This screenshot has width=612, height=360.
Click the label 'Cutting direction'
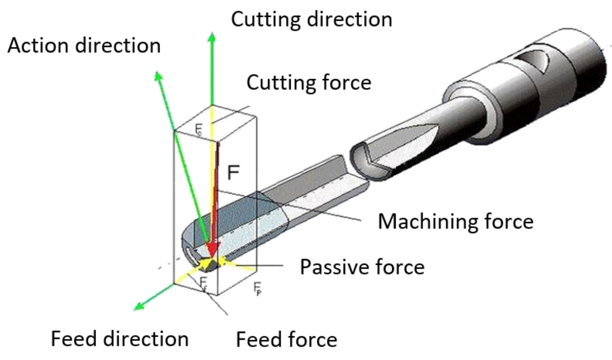(311, 19)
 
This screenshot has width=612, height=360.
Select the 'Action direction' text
(84, 46)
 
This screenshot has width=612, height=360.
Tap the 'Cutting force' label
(309, 82)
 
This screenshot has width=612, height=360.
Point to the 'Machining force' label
(455, 221)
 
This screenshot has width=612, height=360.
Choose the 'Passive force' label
(362, 267)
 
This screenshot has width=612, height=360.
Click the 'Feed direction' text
(120, 339)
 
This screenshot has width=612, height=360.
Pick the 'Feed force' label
(286, 339)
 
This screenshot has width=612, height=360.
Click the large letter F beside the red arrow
(233, 173)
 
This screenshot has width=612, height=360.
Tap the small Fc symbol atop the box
(198, 129)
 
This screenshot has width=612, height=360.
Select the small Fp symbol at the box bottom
(257, 288)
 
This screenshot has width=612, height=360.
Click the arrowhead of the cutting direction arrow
(212, 37)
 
